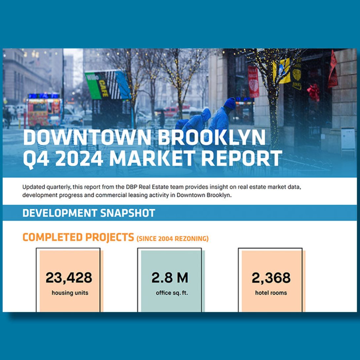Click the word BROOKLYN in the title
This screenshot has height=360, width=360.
(x=211, y=137)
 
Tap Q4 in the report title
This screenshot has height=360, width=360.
(x=36, y=159)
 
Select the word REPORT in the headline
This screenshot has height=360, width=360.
(x=241, y=158)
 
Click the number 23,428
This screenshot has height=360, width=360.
(x=69, y=278)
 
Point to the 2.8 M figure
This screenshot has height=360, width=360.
(x=170, y=277)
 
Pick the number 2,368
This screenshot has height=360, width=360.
(x=271, y=278)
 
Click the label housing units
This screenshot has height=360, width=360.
(x=70, y=293)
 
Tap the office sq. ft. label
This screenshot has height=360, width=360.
(x=172, y=293)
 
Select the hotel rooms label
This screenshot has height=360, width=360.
(x=271, y=293)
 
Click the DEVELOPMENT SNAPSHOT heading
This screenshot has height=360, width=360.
(x=89, y=213)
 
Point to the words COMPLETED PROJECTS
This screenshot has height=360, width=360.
(x=78, y=237)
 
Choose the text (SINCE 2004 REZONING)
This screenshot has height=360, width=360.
(x=172, y=238)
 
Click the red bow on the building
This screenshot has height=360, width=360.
(x=313, y=91)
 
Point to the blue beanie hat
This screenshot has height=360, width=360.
(x=230, y=103)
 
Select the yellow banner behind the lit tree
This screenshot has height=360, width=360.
(x=281, y=71)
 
